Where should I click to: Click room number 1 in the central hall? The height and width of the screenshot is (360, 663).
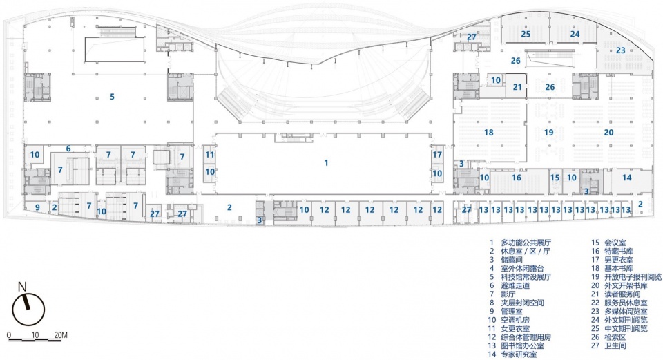point(326,163)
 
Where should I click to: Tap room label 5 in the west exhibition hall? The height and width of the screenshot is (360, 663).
point(112,97)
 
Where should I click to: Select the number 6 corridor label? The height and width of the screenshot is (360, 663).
point(68,149)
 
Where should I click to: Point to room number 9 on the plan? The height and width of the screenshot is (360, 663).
point(37,207)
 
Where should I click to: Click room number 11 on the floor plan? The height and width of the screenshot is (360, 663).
point(210,155)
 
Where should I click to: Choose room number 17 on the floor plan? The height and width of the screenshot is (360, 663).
point(437,155)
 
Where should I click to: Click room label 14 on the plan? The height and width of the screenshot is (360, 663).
point(626,178)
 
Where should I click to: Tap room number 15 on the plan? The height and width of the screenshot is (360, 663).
point(555,178)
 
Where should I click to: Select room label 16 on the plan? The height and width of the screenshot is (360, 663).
point(517,178)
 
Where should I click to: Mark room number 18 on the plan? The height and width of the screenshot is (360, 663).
point(489,133)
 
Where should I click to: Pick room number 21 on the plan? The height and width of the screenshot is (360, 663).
point(517,87)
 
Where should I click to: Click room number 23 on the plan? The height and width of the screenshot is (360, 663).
point(620,50)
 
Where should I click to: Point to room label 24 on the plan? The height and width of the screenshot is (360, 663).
point(575,34)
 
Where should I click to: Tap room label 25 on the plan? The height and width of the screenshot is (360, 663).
point(526,34)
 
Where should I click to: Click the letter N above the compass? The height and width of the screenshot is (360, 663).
point(22,287)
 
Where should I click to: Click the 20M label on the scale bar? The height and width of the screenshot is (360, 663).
point(61,335)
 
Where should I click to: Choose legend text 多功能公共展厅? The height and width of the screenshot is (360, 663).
point(526,243)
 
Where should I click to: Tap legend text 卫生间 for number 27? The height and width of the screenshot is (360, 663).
point(615,346)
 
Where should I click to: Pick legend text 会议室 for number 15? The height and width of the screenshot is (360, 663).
point(615,243)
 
